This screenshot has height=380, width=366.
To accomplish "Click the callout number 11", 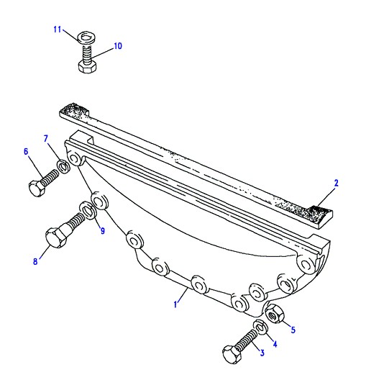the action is [58, 30].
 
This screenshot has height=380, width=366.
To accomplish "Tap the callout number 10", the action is [118, 46].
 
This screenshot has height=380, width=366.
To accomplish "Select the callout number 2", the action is [337, 183].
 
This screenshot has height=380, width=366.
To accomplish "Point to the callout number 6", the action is [26, 152].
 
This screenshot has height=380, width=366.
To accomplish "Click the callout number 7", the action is [46, 139].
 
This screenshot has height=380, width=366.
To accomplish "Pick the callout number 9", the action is [103, 231].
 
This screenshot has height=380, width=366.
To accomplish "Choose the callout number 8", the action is [35, 261].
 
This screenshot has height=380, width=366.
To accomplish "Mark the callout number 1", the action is [175, 304].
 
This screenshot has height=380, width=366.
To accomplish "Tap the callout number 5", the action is [293, 330].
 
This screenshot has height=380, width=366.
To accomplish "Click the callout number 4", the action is [275, 343].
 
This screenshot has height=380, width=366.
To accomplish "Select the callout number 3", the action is [262, 353].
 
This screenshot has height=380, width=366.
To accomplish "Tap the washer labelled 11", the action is [86, 37].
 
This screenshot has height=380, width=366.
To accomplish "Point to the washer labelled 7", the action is [63, 166].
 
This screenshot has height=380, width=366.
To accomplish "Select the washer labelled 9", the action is [88, 210].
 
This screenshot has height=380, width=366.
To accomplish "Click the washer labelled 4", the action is [260, 327].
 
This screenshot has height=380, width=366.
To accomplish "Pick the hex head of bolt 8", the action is [56, 237].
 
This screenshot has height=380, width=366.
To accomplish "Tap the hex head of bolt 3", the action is [232, 355].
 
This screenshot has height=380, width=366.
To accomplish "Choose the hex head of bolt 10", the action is [88, 66].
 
